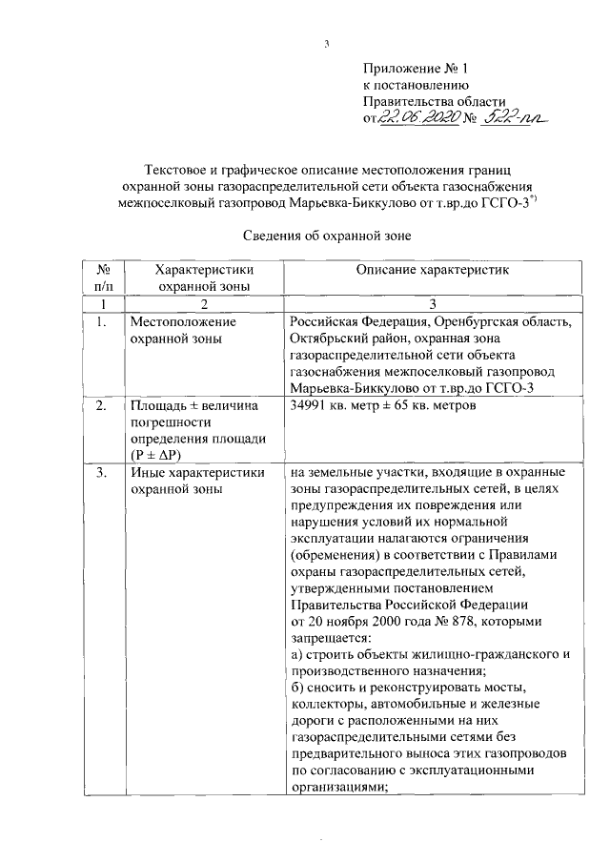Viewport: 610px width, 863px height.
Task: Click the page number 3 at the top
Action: [x=327, y=43]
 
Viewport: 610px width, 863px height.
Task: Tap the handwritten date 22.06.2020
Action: [x=416, y=118]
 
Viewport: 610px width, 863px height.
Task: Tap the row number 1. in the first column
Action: [x=101, y=321]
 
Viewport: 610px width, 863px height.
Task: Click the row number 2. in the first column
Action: [x=101, y=407]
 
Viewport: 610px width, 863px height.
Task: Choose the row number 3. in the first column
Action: [x=101, y=473]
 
